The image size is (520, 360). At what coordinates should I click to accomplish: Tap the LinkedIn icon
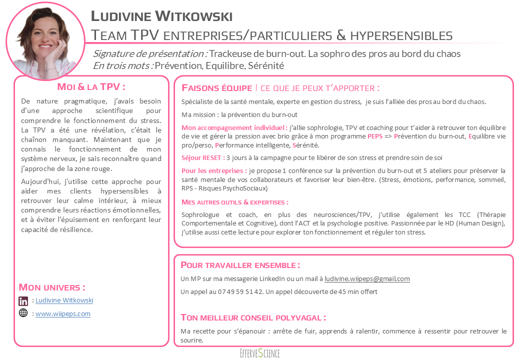coord(23,301)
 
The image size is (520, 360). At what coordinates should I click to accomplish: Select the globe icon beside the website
coord(23,313)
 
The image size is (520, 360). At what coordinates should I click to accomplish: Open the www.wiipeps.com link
coord(63,314)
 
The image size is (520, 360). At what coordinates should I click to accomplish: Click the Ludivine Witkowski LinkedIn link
coord(64,300)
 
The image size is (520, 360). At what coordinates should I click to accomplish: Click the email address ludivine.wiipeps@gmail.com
coord(367,279)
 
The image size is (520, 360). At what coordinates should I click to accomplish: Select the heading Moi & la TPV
coord(91,87)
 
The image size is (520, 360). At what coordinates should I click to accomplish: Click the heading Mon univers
coord(52,287)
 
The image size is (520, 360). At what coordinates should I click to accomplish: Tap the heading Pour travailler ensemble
coord(240,265)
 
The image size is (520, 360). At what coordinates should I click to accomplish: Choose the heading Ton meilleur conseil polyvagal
coord(253,317)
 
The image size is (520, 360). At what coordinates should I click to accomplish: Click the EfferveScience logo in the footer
coord(259,353)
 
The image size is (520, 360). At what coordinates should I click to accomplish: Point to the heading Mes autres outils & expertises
coord(235,202)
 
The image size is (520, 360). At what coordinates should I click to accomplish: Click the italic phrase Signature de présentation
coord(150,53)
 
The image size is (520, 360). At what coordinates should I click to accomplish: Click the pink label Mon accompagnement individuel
coord(234,127)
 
